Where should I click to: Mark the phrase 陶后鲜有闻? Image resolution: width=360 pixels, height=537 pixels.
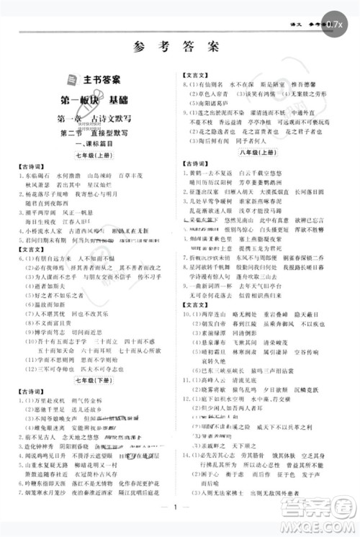tap(209, 140)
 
